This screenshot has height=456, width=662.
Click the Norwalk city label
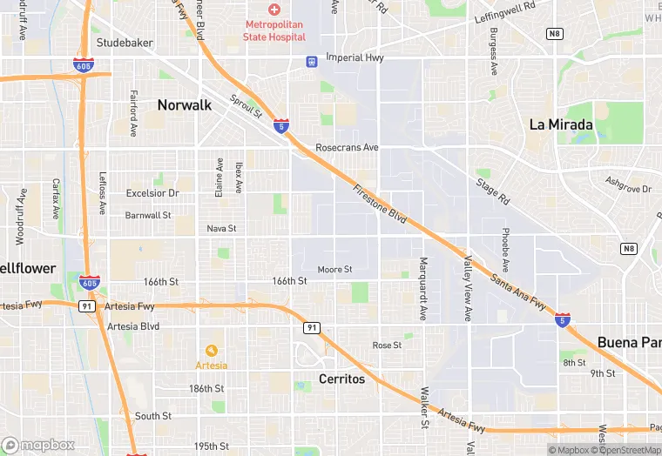pyautogui.click(x=184, y=105)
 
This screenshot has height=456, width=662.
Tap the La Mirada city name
pyautogui.click(x=561, y=125)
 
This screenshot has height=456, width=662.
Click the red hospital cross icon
pyautogui.click(x=274, y=10)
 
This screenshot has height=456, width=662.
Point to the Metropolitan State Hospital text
pyautogui.click(x=274, y=30)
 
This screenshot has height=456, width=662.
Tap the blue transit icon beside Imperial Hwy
pyautogui.click(x=311, y=61)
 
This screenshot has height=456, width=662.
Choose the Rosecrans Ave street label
pyautogui.click(x=347, y=148)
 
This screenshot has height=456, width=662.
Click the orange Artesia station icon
pyautogui.click(x=211, y=351)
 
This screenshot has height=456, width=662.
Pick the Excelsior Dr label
pyautogui.click(x=152, y=193)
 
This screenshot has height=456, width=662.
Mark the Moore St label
pyautogui.click(x=334, y=270)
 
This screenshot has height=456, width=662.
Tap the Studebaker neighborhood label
pyautogui.click(x=124, y=42)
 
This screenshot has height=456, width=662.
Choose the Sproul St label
pyautogui.click(x=247, y=107)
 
